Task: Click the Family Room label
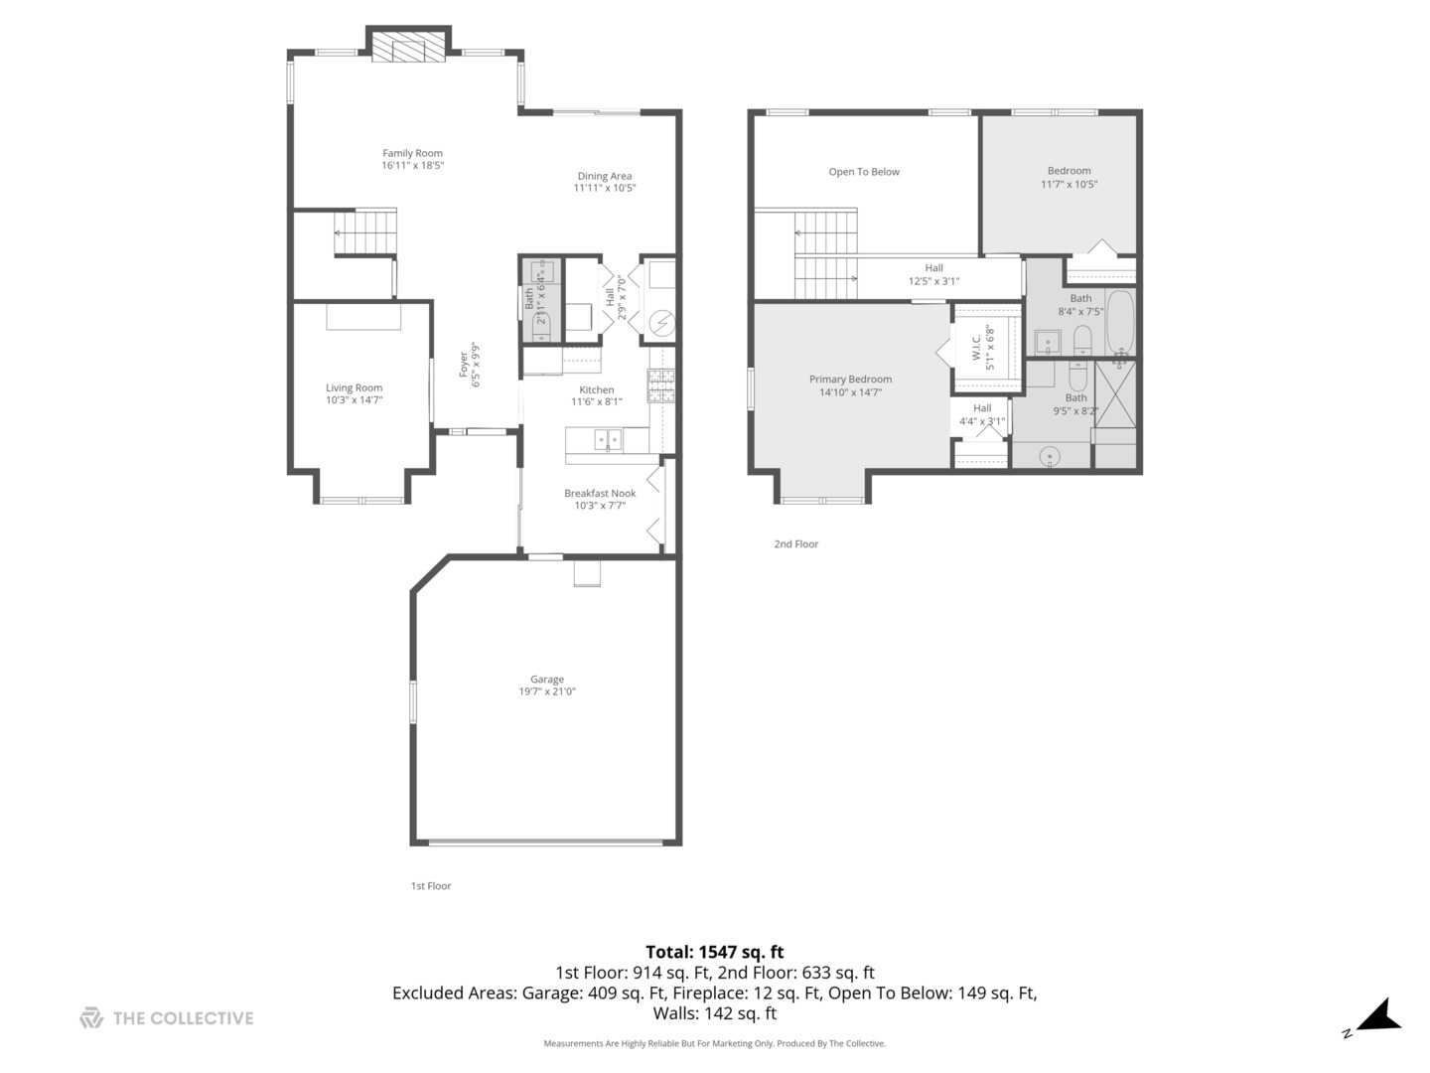click(x=412, y=153)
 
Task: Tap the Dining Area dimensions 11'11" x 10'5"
click(x=604, y=188)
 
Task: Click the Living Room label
click(x=354, y=388)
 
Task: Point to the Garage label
click(x=546, y=680)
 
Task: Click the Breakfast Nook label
click(x=600, y=494)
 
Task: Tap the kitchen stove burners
click(x=660, y=385)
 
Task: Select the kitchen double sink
click(x=608, y=439)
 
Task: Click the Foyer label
click(x=463, y=364)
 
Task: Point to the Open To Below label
click(x=864, y=172)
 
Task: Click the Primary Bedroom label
click(x=850, y=380)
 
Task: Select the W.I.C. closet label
click(x=976, y=347)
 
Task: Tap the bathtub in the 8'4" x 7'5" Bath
click(x=1120, y=322)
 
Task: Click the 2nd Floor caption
click(x=796, y=544)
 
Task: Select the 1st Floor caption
click(x=431, y=886)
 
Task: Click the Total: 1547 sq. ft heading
click(x=714, y=952)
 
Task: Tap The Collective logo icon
click(x=91, y=1017)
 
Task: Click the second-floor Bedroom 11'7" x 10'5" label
click(x=1069, y=171)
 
